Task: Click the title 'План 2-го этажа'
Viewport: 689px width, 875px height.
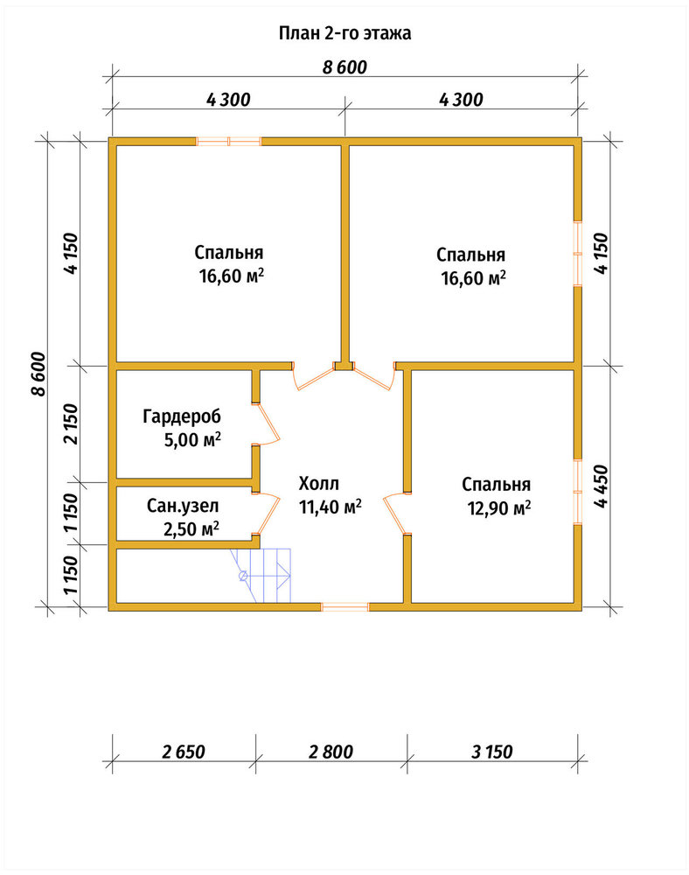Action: pyautogui.click(x=344, y=33)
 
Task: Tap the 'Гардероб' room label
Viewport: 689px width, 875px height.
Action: pyautogui.click(x=182, y=416)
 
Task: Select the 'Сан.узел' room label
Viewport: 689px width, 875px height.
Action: pyautogui.click(x=183, y=506)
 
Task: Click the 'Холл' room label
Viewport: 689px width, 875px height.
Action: pyautogui.click(x=318, y=483)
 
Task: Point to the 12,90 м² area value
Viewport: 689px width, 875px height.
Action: pyautogui.click(x=499, y=508)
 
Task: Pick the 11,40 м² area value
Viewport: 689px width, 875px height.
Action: pyautogui.click(x=331, y=507)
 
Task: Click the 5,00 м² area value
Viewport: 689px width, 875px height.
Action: pyautogui.click(x=192, y=440)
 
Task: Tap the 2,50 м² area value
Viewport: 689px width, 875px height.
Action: pyautogui.click(x=191, y=529)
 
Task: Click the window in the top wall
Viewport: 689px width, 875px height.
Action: pyautogui.click(x=229, y=141)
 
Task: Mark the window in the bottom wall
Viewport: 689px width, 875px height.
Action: pyautogui.click(x=345, y=607)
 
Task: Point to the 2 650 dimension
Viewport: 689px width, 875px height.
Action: pyautogui.click(x=184, y=752)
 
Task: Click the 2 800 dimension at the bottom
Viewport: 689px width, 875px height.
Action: pyautogui.click(x=331, y=752)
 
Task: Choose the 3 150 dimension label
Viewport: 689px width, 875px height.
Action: pyautogui.click(x=491, y=752)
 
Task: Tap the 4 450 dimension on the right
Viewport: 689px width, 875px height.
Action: pyautogui.click(x=602, y=486)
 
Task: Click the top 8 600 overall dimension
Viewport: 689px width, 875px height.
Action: pyautogui.click(x=344, y=67)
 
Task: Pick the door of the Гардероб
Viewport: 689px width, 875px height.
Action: pyautogui.click(x=268, y=424)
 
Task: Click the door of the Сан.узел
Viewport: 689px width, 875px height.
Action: pyautogui.click(x=269, y=514)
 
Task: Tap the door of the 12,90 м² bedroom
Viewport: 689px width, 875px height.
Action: pyautogui.click(x=395, y=514)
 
